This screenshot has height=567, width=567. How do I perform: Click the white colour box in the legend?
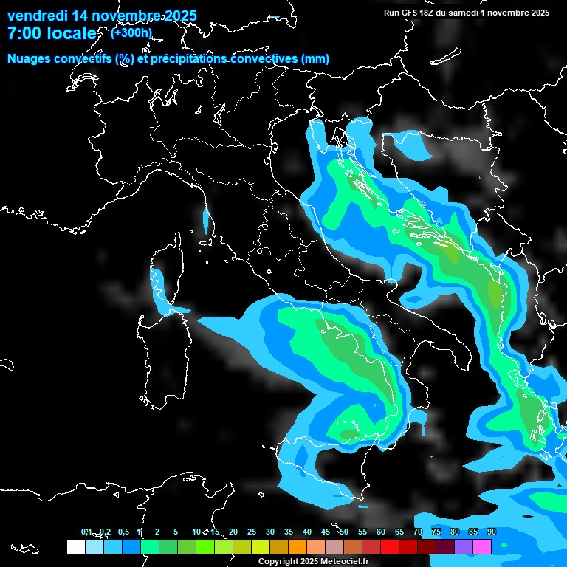[75, 546]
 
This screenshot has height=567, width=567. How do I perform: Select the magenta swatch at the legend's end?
[482, 546]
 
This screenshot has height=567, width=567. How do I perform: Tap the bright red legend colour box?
[390, 546]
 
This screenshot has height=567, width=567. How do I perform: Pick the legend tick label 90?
[492, 532]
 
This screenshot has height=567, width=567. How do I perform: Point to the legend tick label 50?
[344, 532]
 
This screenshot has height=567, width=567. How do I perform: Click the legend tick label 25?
[252, 532]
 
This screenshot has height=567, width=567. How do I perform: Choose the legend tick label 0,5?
[123, 532]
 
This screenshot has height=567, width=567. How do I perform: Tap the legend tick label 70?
[418, 532]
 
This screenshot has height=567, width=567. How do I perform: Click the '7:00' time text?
[24, 33]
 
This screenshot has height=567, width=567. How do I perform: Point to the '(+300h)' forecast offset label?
[131, 32]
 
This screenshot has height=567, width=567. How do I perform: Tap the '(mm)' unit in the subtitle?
[316, 59]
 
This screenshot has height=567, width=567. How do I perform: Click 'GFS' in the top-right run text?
[409, 13]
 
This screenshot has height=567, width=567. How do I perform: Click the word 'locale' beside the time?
[71, 33]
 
